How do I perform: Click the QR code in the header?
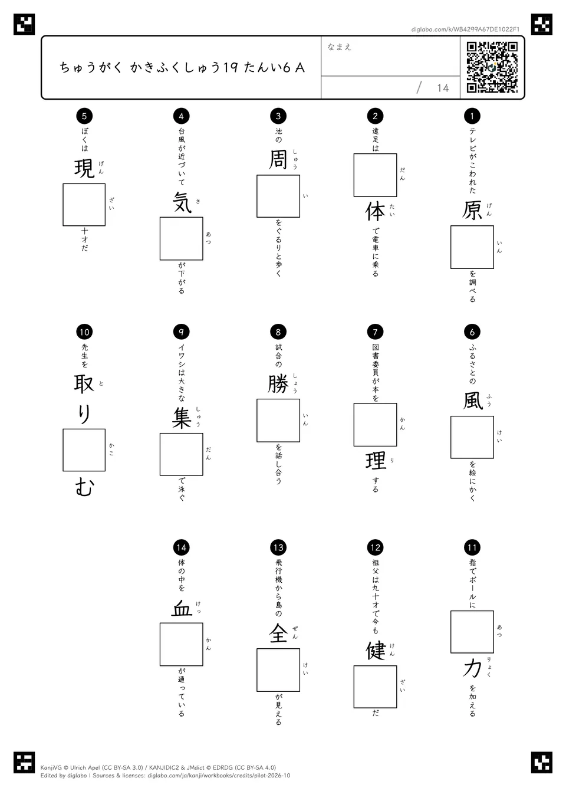[x=492, y=67]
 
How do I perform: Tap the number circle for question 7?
[x=375, y=332]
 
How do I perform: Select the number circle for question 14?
[x=181, y=547]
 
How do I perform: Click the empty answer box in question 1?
[x=472, y=247]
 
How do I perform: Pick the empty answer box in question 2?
[x=375, y=175]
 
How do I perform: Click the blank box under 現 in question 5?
[x=84, y=205]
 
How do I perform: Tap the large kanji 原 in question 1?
[x=472, y=210]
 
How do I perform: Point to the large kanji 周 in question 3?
[x=278, y=159]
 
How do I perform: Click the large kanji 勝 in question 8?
[x=278, y=385]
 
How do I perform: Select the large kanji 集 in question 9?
[x=181, y=418]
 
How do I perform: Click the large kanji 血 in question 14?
[x=181, y=608]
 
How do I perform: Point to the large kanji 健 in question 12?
[x=375, y=651]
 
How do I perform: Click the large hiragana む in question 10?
[x=84, y=487]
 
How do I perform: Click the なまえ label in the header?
[x=340, y=47]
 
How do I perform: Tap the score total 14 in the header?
[x=443, y=88]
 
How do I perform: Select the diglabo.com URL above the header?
[x=465, y=29]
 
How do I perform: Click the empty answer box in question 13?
[x=278, y=670]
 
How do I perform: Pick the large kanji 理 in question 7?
[x=375, y=461]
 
